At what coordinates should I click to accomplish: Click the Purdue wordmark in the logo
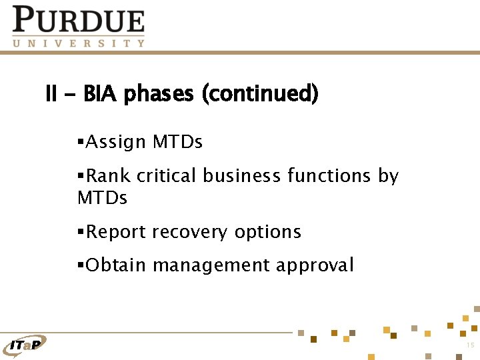click(78, 20)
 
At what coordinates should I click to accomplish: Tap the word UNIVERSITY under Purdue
click(78, 43)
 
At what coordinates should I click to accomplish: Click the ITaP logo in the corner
click(27, 344)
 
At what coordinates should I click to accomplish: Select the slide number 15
click(470, 345)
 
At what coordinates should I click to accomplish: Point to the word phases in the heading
click(159, 94)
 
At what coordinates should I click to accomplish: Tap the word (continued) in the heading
click(260, 94)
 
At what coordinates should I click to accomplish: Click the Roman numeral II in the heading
click(51, 94)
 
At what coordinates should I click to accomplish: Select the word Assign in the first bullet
click(115, 142)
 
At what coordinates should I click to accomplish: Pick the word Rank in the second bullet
click(108, 176)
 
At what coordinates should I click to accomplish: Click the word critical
click(166, 176)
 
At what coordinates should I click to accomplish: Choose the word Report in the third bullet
click(117, 232)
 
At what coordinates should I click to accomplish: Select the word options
click(267, 233)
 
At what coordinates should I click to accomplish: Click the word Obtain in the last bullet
click(116, 265)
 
